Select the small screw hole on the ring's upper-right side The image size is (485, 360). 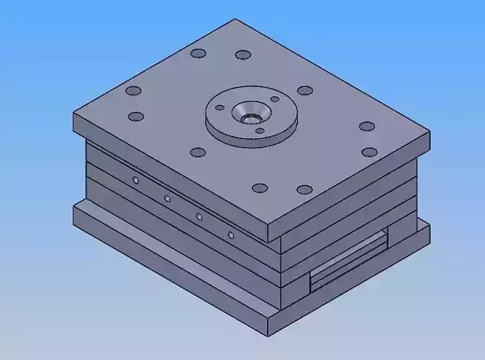[274, 99]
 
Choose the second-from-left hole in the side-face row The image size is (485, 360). [167, 198]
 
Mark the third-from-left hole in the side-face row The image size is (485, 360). [199, 216]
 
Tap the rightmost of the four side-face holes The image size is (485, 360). [231, 234]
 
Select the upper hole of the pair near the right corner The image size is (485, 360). [366, 127]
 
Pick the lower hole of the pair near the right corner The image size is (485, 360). [369, 152]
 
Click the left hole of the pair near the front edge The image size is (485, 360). [260, 189]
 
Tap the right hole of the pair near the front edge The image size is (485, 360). [304, 190]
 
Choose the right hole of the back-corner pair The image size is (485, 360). [243, 55]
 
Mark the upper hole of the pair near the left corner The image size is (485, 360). [133, 91]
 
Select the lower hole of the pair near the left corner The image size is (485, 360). [135, 117]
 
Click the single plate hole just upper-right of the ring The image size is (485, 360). [305, 91]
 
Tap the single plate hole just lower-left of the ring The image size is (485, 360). [197, 153]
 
